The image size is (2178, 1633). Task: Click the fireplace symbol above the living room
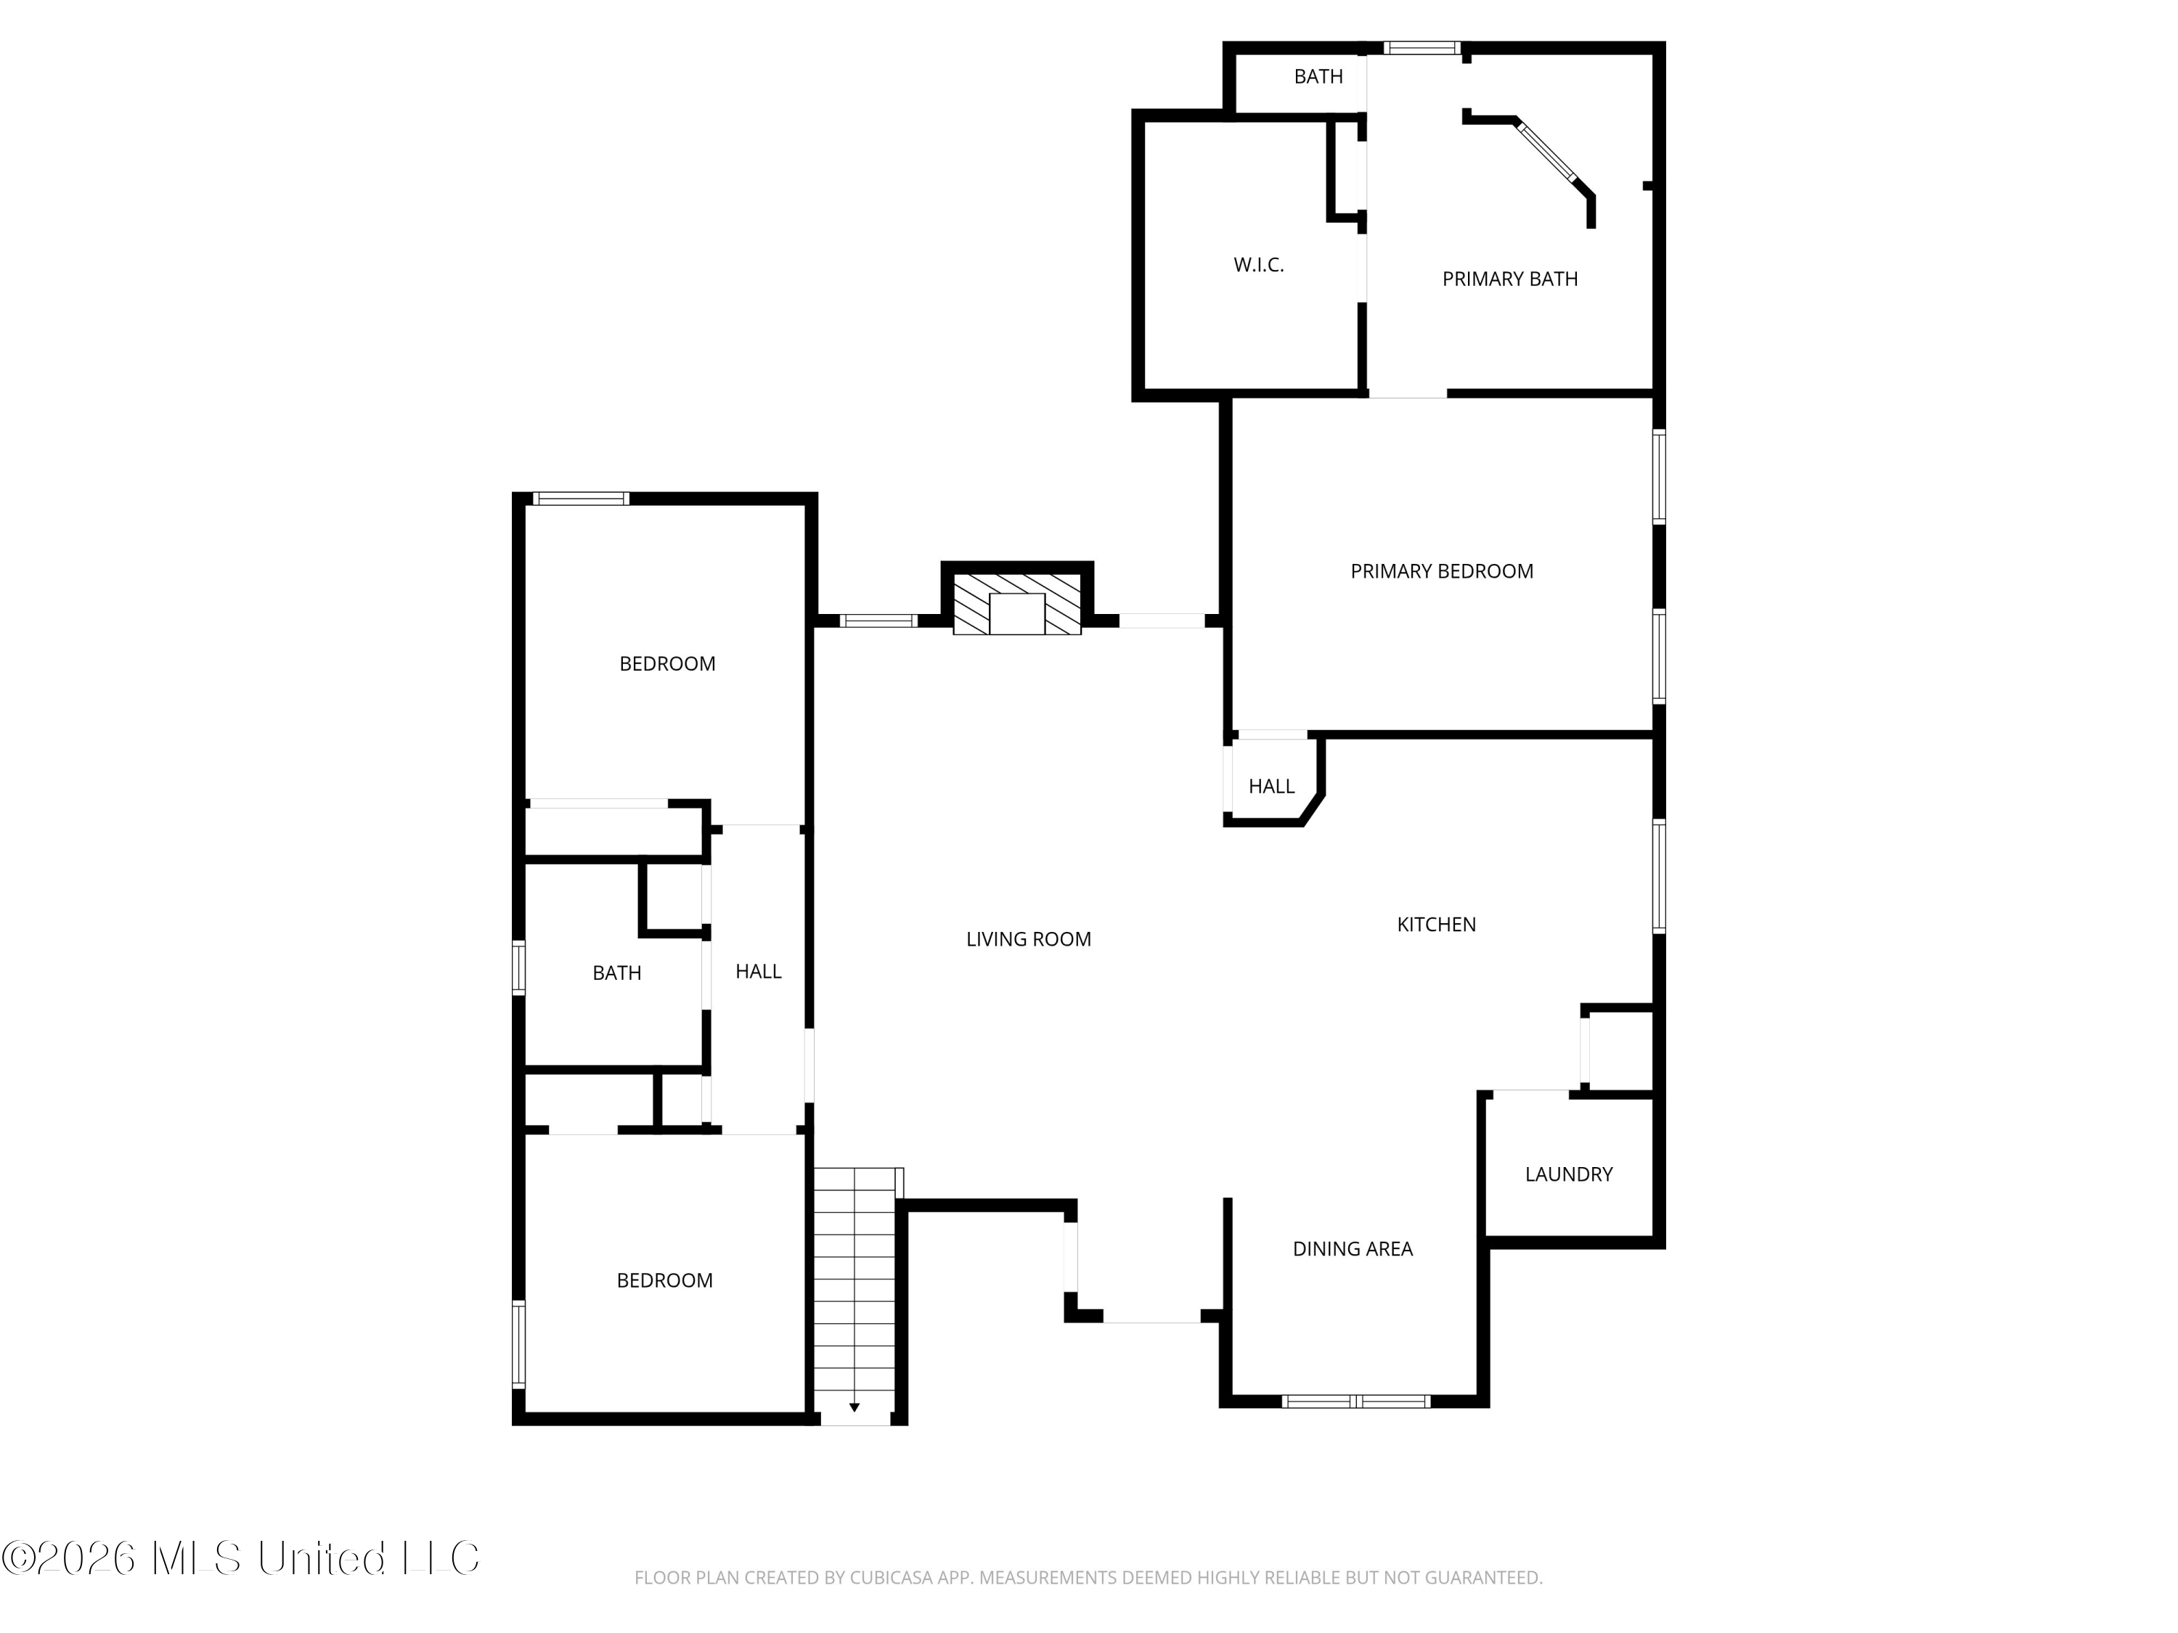(x=1017, y=603)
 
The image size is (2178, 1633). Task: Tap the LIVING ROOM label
(x=1029, y=940)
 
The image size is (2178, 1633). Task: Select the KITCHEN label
(x=1437, y=925)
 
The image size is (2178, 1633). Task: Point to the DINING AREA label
(x=1353, y=1249)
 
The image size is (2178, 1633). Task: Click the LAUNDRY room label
(x=1568, y=1174)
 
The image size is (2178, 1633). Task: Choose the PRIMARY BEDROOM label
(x=1442, y=572)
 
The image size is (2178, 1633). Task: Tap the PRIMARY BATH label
(x=1509, y=279)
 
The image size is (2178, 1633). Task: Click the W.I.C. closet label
(x=1258, y=266)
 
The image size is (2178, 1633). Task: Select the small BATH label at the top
(x=1318, y=77)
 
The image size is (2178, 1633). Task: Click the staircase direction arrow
(x=855, y=1407)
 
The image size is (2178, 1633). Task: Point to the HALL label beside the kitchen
(x=1271, y=787)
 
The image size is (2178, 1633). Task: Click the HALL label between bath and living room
(x=758, y=972)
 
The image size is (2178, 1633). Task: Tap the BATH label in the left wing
(x=616, y=973)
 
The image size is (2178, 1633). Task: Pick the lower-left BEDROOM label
(x=664, y=1280)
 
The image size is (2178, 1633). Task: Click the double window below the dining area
(x=1357, y=1401)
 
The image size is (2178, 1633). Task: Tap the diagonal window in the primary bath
(x=1546, y=152)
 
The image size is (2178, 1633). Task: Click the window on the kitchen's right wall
(x=1659, y=876)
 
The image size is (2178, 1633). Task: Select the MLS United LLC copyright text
(x=240, y=1558)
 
